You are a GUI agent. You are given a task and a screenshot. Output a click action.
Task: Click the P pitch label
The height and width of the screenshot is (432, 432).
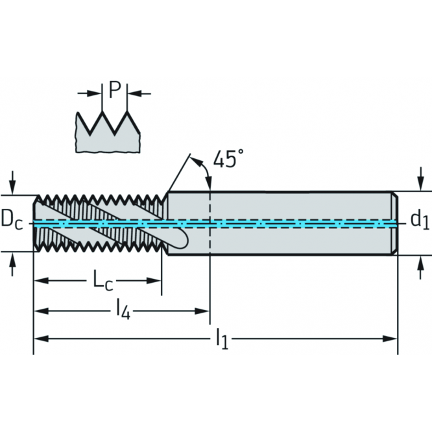[115, 90]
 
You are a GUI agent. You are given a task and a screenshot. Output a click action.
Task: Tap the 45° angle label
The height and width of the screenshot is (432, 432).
[228, 159]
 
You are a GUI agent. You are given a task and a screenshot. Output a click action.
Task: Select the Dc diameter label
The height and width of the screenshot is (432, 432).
[12, 219]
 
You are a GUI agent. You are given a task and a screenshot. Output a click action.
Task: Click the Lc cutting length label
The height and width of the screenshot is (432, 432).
[103, 280]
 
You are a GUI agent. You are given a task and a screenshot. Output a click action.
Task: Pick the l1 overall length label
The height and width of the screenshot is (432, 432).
[222, 339]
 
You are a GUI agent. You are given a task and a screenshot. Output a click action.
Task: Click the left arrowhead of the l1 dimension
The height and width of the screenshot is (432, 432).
[41, 339]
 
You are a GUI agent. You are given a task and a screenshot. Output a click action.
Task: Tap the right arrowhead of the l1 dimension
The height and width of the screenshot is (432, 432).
[390, 339]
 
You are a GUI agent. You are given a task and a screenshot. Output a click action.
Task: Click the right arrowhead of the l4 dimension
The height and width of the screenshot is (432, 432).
[202, 311]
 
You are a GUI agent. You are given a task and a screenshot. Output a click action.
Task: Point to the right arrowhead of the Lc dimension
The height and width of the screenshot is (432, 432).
[154, 281]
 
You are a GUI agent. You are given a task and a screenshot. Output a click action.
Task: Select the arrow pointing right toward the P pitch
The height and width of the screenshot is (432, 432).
[90, 93]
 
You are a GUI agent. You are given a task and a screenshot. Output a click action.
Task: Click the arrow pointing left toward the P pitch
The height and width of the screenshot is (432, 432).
[139, 93]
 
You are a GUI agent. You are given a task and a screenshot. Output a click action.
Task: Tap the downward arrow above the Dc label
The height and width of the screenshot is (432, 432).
[12, 183]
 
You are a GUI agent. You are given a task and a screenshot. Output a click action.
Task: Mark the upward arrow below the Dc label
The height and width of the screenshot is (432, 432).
[12, 264]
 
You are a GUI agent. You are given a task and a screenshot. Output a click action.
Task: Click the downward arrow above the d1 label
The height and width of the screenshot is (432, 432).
[420, 178]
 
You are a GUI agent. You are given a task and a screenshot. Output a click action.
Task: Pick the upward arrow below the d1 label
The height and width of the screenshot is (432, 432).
[420, 267]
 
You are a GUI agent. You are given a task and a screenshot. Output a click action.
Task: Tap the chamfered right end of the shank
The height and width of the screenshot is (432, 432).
[394, 223]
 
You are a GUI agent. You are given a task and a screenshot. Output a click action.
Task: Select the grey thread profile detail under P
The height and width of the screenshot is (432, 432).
[108, 132]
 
